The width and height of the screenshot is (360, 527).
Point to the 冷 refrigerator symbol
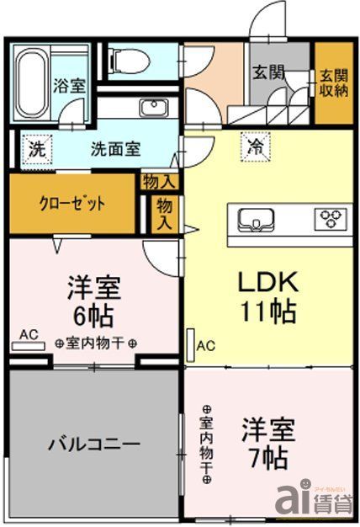pyautogui.click(x=253, y=147)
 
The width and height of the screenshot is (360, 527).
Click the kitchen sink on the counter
pyautogui.click(x=255, y=220)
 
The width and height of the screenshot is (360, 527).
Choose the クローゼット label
pyautogui.click(x=72, y=203)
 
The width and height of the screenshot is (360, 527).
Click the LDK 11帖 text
pyautogui.click(x=265, y=297)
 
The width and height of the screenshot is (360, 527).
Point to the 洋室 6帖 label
pyautogui.click(x=94, y=301)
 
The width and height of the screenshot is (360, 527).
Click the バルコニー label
pyautogui.click(x=93, y=444)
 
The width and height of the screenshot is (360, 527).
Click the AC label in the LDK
pyautogui.click(x=207, y=344)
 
